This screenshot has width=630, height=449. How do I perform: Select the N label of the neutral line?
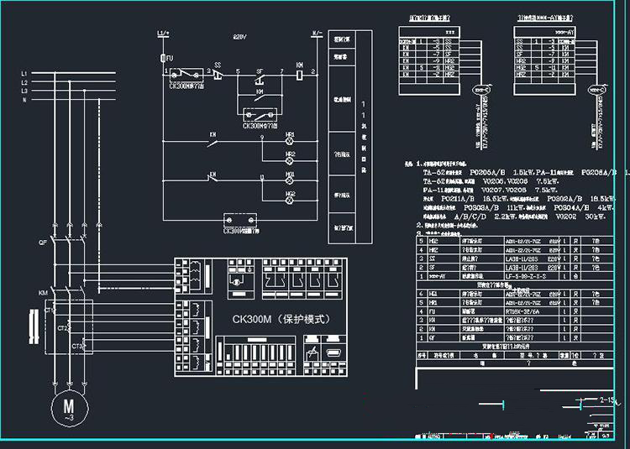tap(24, 100)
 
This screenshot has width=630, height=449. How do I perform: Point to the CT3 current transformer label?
tap(76, 345)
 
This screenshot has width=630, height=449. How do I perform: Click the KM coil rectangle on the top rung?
tap(302, 74)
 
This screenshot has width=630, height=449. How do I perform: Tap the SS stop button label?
tap(218, 64)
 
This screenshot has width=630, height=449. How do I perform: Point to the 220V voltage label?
tap(239, 38)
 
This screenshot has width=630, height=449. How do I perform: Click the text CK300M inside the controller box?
tap(254, 319)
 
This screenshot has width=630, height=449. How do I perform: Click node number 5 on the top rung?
tap(239, 70)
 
